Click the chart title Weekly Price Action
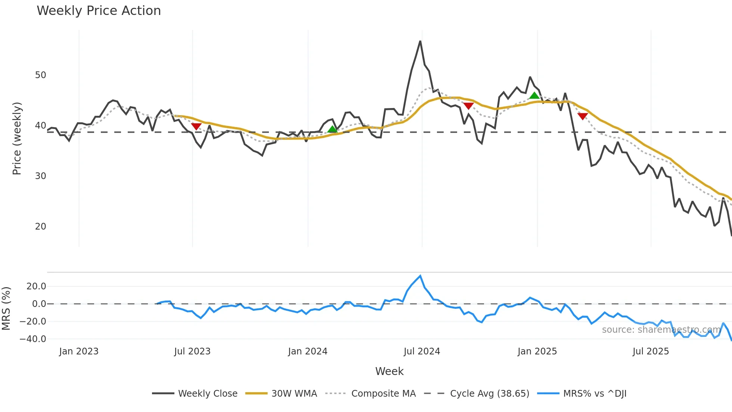click(x=99, y=10)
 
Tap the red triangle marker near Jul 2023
click(x=196, y=126)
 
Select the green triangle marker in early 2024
click(x=332, y=129)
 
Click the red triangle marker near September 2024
click(x=468, y=106)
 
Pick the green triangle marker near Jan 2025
click(x=534, y=95)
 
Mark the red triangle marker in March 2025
click(x=583, y=116)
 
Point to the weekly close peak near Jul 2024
click(x=420, y=41)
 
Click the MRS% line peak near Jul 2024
click(x=421, y=276)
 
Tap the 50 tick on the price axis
click(x=40, y=75)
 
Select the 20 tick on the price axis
click(x=40, y=227)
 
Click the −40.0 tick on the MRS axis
click(x=33, y=339)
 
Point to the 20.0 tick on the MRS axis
click(x=36, y=286)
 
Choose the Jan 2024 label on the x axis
click(x=307, y=351)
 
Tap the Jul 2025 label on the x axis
click(x=651, y=351)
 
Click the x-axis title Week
click(x=389, y=371)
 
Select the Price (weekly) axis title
click(x=17, y=138)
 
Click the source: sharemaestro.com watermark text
click(x=661, y=330)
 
